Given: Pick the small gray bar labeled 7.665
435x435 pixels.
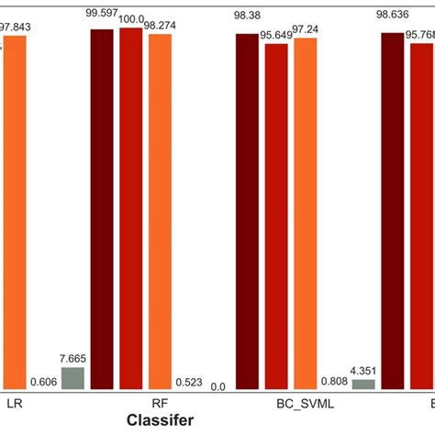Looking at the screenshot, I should pyautogui.click(x=72, y=378).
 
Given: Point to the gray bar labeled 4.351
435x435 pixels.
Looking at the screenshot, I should pyautogui.click(x=363, y=383).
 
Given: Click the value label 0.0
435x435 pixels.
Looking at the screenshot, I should pyautogui.click(x=217, y=386).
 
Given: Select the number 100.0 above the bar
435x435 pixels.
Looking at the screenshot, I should pyautogui.click(x=131, y=18).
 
